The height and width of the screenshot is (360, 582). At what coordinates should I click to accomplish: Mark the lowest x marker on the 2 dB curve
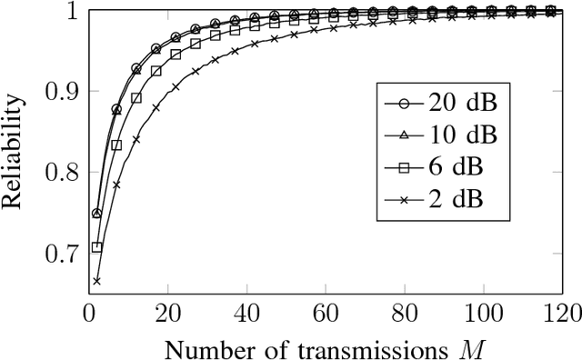click(96, 281)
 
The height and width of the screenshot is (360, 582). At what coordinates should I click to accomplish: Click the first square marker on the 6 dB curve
click(96, 246)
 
